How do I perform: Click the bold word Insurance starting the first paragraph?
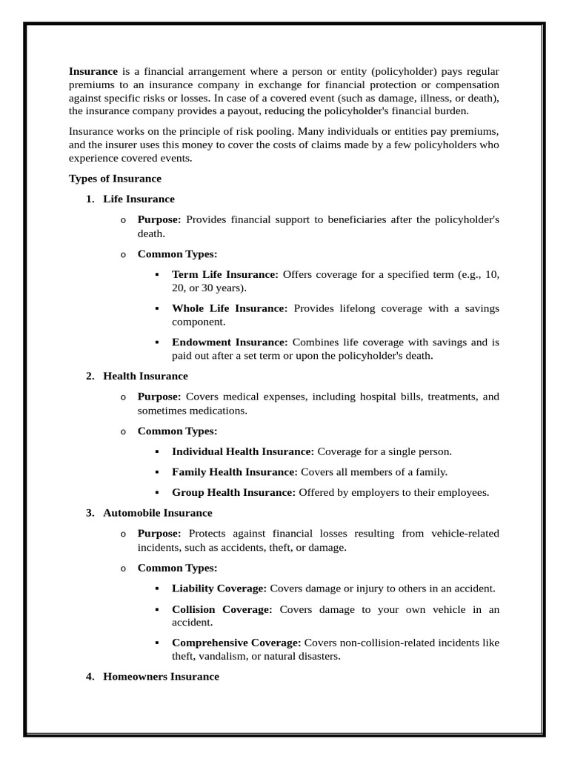pyautogui.click(x=93, y=72)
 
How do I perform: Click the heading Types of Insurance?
pyautogui.click(x=115, y=179)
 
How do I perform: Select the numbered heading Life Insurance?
pyautogui.click(x=139, y=199)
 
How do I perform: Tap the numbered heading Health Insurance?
pyautogui.click(x=145, y=377)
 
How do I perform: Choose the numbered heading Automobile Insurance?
pyautogui.click(x=157, y=513)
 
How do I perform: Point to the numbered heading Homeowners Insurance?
pyautogui.click(x=161, y=676)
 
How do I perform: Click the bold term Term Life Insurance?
pyautogui.click(x=225, y=274)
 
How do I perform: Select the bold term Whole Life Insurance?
pyautogui.click(x=230, y=308)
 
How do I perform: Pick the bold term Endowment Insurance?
pyautogui.click(x=230, y=342)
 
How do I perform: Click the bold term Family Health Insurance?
pyautogui.click(x=235, y=471)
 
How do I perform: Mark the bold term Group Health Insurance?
pyautogui.click(x=233, y=492)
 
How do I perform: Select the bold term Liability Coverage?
pyautogui.click(x=219, y=588)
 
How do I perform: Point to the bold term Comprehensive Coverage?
pyautogui.click(x=236, y=643)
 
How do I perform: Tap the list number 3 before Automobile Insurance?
pyautogui.click(x=90, y=513)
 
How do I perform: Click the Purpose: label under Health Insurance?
pyautogui.click(x=159, y=397)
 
